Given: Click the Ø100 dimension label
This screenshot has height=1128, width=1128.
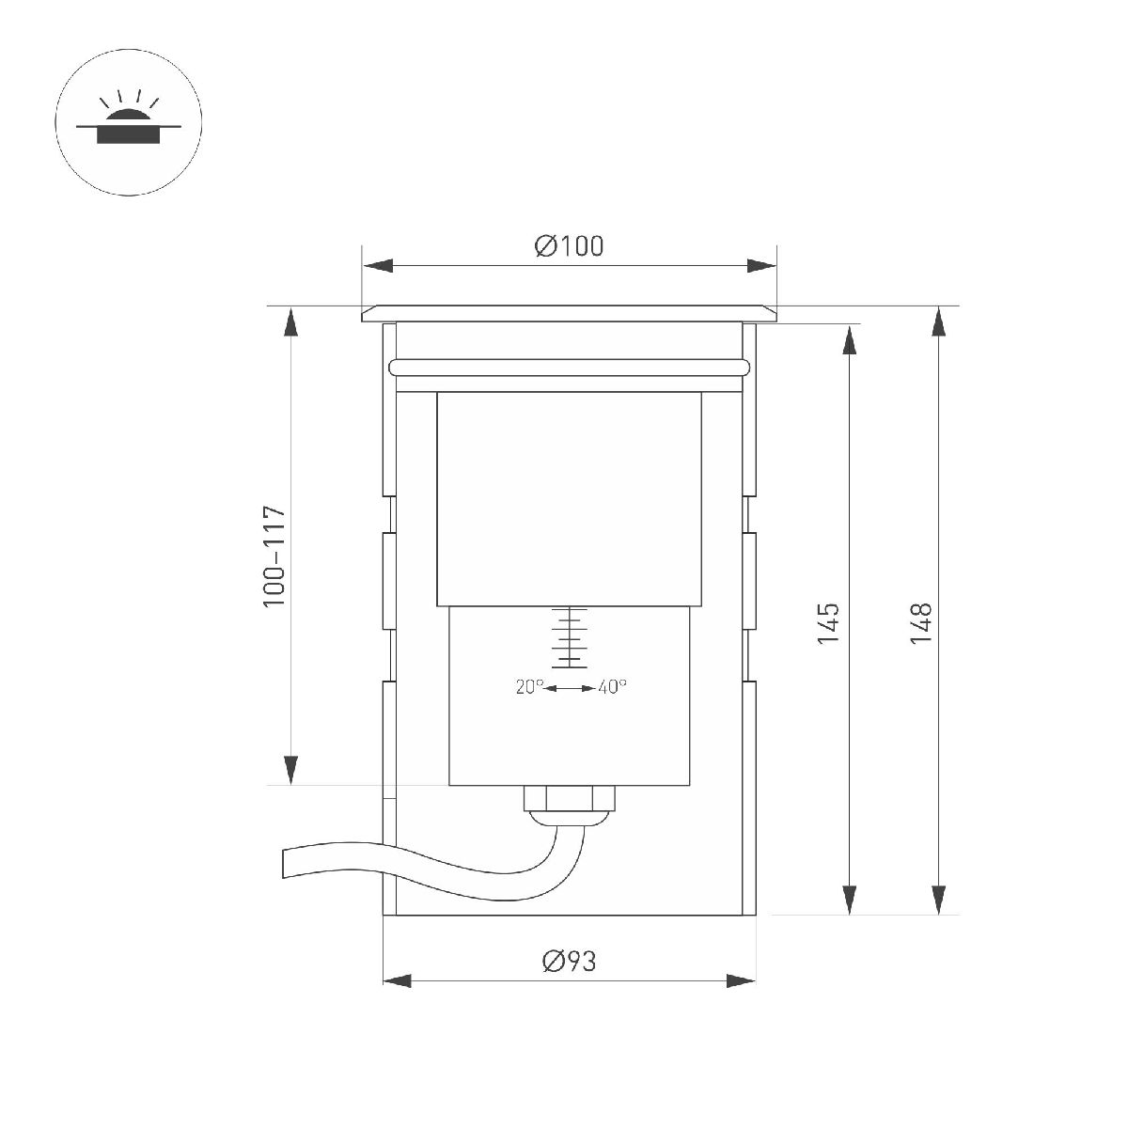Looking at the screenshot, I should pyautogui.click(x=569, y=246).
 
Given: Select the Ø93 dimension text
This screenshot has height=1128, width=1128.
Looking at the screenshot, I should pyautogui.click(x=569, y=962).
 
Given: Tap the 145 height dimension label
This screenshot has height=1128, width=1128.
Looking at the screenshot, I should pyautogui.click(x=827, y=623).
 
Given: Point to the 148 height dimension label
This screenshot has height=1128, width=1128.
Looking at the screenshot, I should pyautogui.click(x=920, y=623).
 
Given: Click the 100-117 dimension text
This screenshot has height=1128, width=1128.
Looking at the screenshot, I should pyautogui.click(x=274, y=556).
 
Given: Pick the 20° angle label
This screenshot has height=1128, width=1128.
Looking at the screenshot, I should pyautogui.click(x=529, y=687).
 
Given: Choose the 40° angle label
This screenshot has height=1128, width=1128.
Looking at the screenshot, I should pyautogui.click(x=611, y=687).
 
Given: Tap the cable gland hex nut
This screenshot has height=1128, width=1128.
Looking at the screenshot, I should pyautogui.click(x=569, y=798).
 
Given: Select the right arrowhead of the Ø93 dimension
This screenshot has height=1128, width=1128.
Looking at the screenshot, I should pyautogui.click(x=742, y=981).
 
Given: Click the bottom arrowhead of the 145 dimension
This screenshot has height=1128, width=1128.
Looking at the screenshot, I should pyautogui.click(x=850, y=898).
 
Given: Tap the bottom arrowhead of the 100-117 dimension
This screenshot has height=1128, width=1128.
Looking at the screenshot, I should pyautogui.click(x=291, y=770).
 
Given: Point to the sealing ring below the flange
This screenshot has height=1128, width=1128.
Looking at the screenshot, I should pyautogui.click(x=570, y=367).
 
